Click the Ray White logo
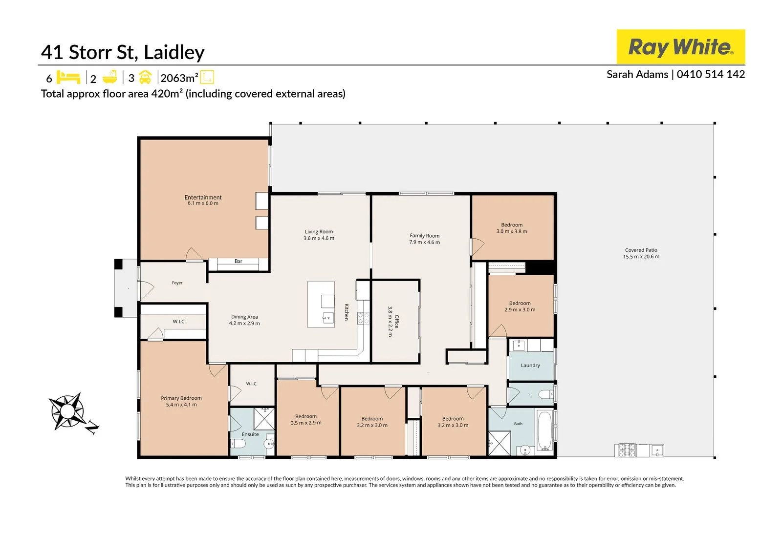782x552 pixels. click(x=680, y=47)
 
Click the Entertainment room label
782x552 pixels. click(x=203, y=197)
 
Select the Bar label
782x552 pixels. click(x=239, y=261)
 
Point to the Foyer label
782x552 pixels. click(x=177, y=283)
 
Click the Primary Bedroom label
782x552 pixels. click(x=181, y=398)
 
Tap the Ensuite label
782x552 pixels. click(x=250, y=434)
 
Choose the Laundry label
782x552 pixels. click(x=530, y=366)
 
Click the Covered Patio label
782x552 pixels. click(x=641, y=250)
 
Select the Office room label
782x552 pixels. click(x=396, y=321)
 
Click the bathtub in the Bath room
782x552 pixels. click(x=544, y=431)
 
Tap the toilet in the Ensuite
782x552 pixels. click(x=238, y=444)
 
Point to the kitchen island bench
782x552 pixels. click(x=321, y=305)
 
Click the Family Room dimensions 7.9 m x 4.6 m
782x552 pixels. click(x=425, y=243)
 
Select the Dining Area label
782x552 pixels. click(x=244, y=317)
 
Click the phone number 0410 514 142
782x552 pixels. click(x=711, y=74)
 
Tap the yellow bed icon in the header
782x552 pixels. click(x=68, y=77)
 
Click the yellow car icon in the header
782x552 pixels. click(x=145, y=78)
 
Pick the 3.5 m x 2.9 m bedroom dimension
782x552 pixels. click(x=306, y=423)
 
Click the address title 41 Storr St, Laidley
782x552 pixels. click(x=123, y=52)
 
